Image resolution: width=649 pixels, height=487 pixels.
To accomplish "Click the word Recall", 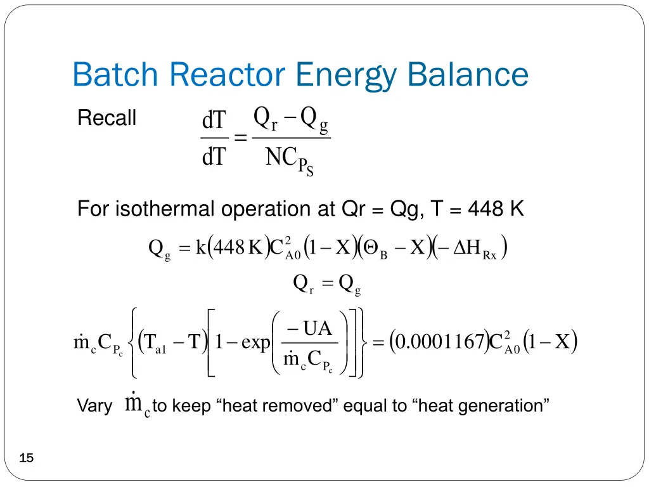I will tap(106, 118).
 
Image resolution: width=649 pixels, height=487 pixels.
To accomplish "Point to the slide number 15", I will tap(27, 458).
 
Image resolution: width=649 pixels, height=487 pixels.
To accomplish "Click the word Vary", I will tap(94, 406).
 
